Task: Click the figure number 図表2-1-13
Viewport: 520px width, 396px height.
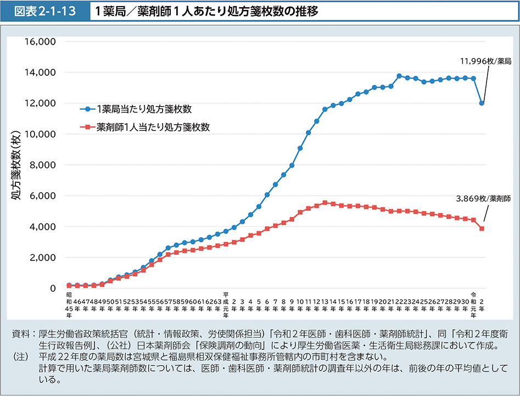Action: (x=44, y=11)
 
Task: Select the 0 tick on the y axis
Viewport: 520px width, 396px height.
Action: (x=53, y=288)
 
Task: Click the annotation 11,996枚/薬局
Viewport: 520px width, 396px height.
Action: (x=486, y=62)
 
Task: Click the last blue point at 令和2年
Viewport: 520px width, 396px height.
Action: (x=482, y=103)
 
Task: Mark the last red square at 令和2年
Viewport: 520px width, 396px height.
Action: (x=482, y=228)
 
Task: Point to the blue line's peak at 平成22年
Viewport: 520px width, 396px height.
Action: (x=399, y=76)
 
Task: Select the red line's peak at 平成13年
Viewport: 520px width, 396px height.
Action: (x=325, y=203)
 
